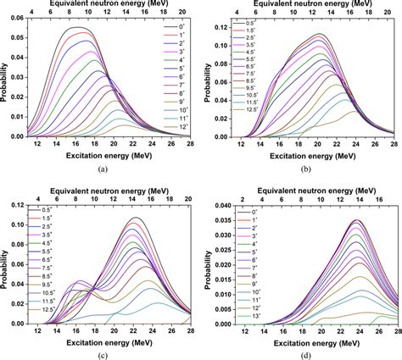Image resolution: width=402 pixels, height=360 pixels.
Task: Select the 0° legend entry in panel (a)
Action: tap(172, 27)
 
